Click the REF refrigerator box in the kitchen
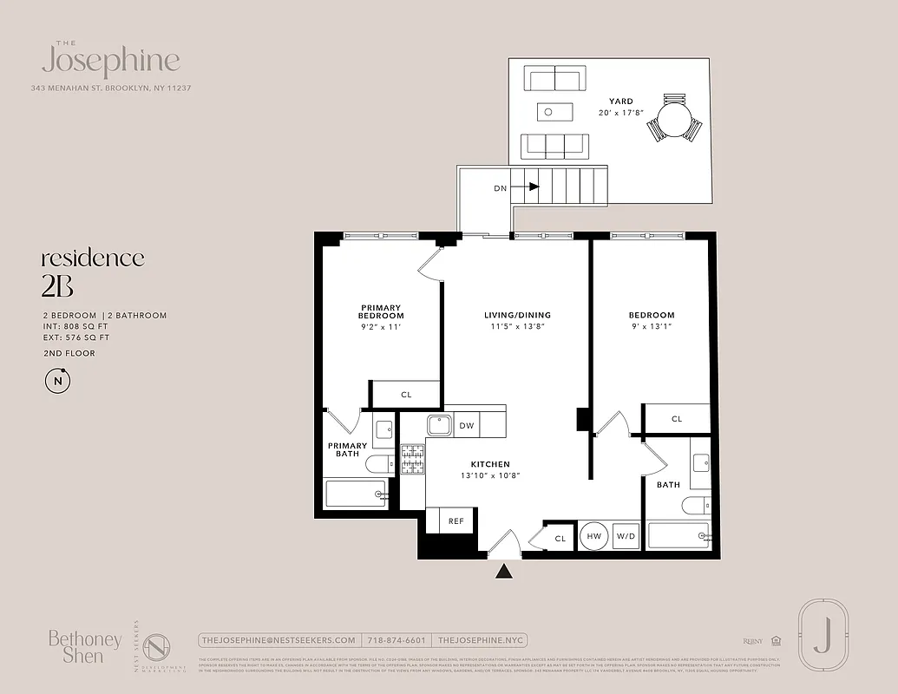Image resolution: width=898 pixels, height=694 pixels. [455, 521]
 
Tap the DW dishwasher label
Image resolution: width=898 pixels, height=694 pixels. [466, 425]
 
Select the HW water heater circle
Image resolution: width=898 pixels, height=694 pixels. [594, 537]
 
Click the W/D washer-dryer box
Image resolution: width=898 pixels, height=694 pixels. [626, 537]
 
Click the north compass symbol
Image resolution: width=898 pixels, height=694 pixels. [58, 380]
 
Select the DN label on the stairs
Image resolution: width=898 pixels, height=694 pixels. [501, 187]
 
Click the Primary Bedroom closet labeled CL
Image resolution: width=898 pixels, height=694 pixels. [406, 395]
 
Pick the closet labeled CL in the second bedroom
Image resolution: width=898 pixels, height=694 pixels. [677, 419]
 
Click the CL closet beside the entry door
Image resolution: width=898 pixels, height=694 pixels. [560, 538]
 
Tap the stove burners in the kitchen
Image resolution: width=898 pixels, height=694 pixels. [411, 459]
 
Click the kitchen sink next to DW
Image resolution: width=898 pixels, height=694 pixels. [437, 425]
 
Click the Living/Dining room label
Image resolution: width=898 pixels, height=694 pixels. [517, 315]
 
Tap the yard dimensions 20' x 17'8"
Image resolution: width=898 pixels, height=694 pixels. [620, 113]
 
